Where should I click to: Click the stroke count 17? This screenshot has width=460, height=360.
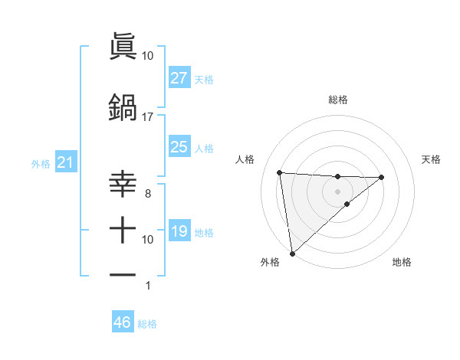[147, 117]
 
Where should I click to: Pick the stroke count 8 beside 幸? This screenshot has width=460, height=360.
[147, 195]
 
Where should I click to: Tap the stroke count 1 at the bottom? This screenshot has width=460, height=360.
[147, 286]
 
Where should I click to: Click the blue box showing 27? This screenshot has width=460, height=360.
[179, 78]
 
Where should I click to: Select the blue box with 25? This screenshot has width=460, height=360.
[179, 147]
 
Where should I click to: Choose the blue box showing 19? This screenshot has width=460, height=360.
[179, 231]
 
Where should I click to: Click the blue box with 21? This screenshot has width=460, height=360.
[64, 163]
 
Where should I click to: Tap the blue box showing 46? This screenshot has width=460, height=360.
[122, 322]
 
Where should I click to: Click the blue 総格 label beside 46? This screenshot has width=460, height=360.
[147, 324]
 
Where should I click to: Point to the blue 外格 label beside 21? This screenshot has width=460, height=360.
[41, 164]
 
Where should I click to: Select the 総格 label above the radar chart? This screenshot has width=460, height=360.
[337, 100]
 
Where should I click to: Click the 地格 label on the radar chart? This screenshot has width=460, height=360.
[402, 262]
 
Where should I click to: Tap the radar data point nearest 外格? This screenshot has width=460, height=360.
[292, 253]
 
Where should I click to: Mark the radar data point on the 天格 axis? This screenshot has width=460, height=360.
[382, 177]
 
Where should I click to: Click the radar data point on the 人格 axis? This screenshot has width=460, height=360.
[280, 172]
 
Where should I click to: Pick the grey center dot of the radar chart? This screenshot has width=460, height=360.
[337, 191]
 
